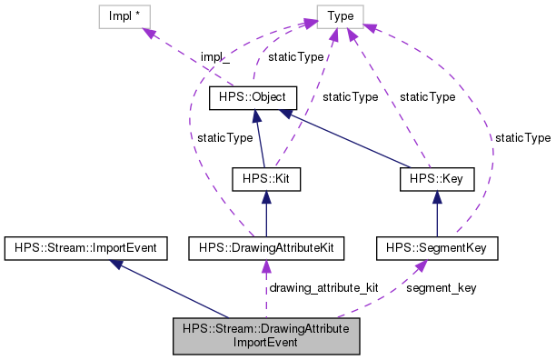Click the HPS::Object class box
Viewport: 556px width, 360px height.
(248, 96)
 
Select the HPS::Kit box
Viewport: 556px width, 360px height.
(264, 179)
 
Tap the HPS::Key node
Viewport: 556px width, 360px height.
(437, 179)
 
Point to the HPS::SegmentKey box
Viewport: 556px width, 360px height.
(437, 246)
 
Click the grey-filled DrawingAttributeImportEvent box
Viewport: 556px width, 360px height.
(266, 335)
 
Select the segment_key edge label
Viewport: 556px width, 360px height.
(441, 287)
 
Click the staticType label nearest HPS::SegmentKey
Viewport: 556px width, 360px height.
(522, 137)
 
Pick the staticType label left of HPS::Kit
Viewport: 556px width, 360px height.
(224, 137)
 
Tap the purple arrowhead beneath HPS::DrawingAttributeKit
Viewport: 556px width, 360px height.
(265, 265)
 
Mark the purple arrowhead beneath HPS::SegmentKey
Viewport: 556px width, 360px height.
(422, 265)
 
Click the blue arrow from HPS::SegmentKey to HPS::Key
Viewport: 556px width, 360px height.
(437, 214)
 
